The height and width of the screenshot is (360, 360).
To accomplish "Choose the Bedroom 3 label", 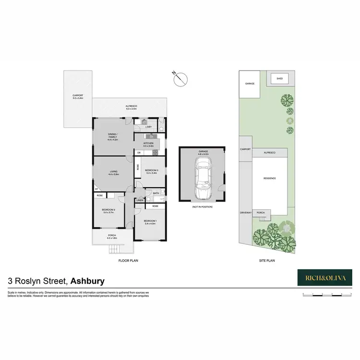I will [x=151, y=171].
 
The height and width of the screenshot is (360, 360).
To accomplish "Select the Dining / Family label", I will [x=112, y=135].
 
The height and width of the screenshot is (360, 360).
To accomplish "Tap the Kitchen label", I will [x=148, y=144].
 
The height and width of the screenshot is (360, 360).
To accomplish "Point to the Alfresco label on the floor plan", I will [x=131, y=108].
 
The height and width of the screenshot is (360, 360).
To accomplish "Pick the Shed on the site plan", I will [x=278, y=78].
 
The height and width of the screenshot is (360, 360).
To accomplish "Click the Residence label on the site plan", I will [x=269, y=178].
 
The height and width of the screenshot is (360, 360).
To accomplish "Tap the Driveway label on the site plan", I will [x=246, y=213].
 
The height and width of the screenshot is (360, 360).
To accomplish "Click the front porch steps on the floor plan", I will [x=114, y=249].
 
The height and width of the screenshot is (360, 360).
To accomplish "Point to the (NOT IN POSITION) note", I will [x=202, y=206].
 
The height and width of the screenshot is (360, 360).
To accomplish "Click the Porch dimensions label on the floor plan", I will [x=112, y=238].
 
